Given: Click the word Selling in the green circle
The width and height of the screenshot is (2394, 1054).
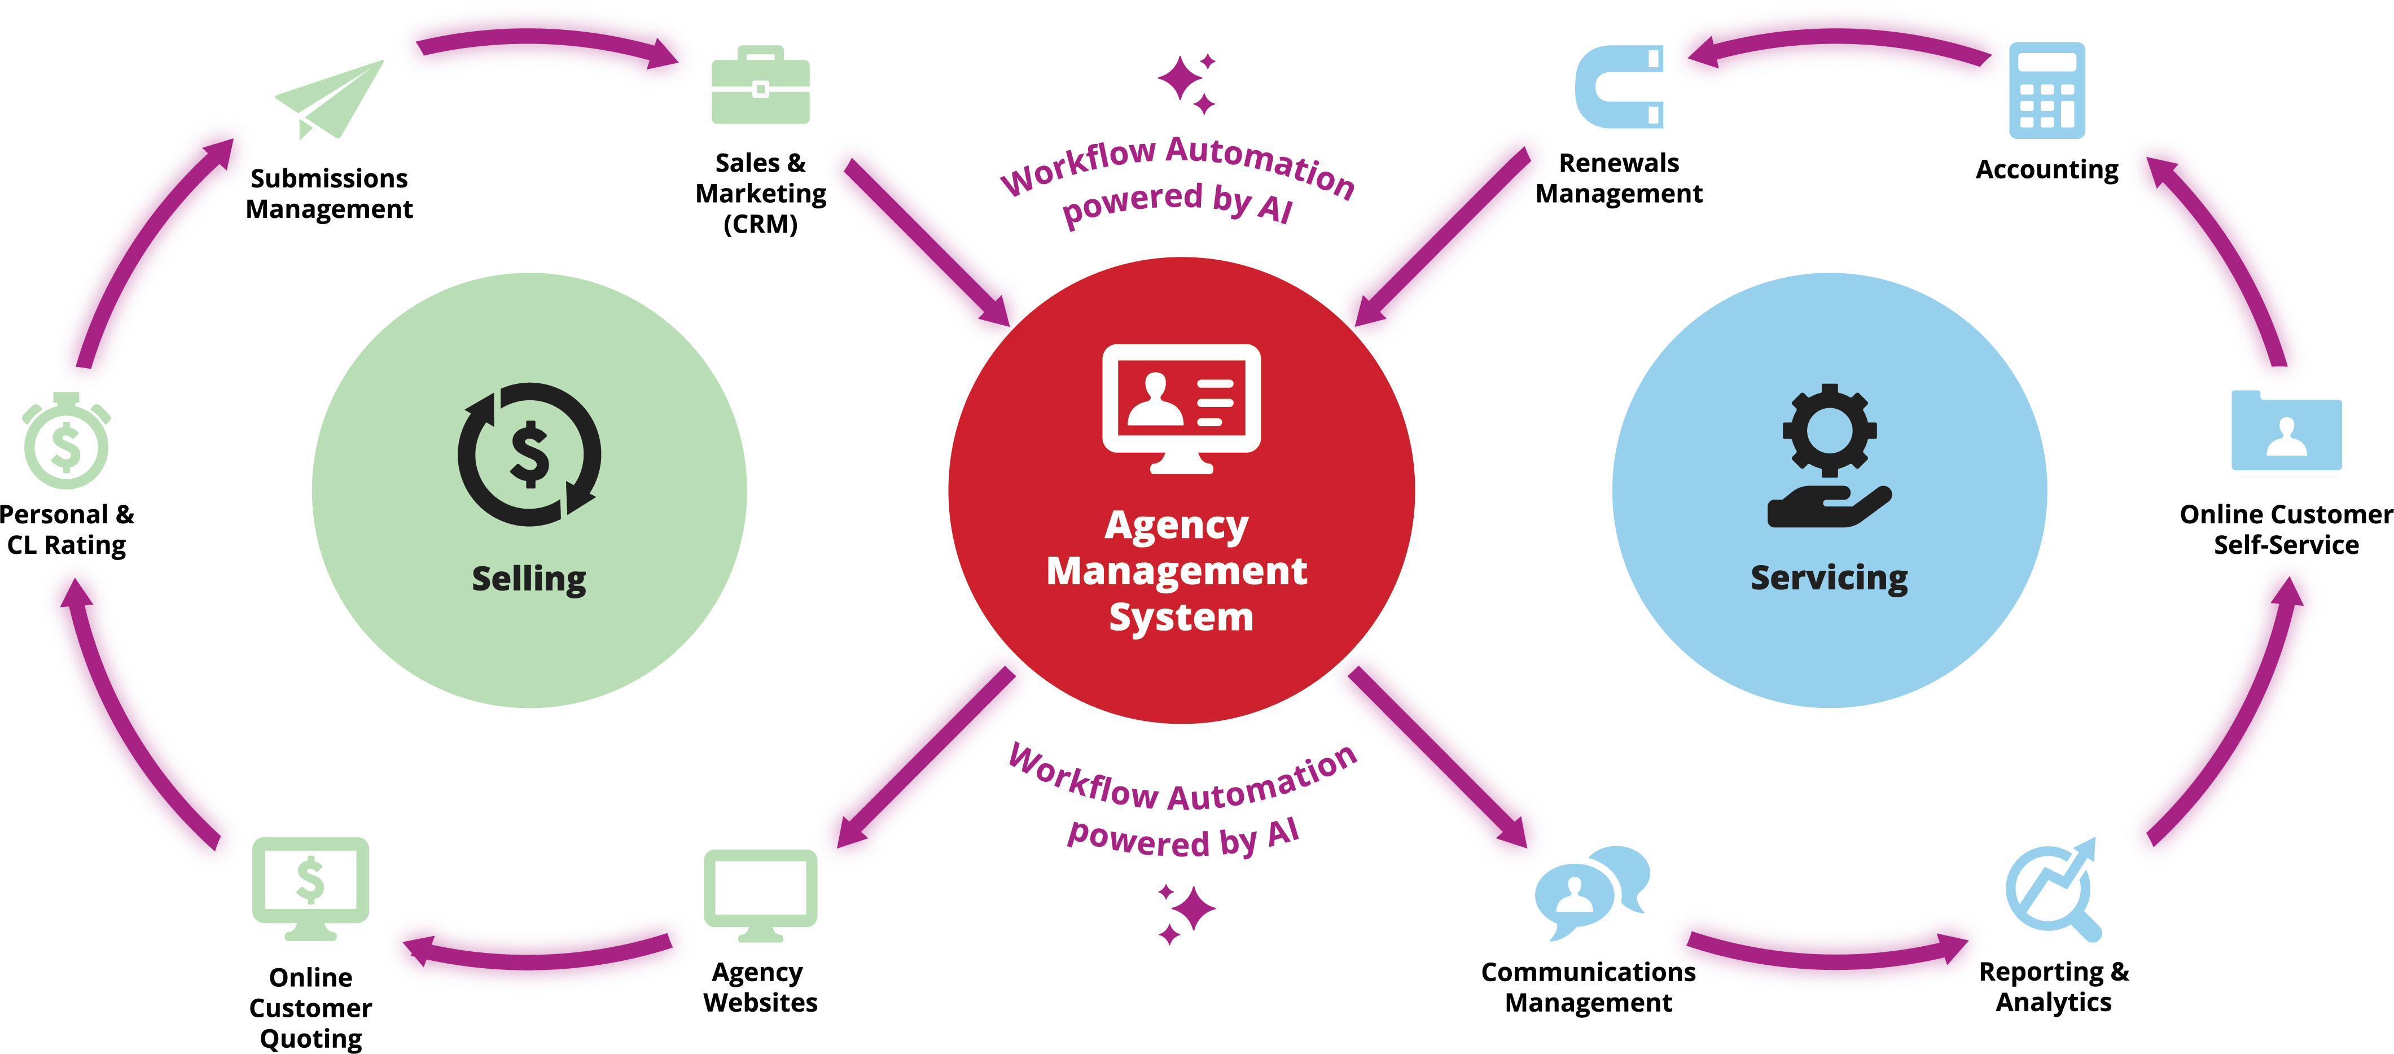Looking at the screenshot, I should coord(529,579).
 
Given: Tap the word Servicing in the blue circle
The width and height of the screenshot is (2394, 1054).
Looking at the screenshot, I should coord(1828,578).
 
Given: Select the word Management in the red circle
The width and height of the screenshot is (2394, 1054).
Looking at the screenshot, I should coord(1177,571).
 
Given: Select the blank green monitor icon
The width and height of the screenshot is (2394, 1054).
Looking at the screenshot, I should coord(760,893).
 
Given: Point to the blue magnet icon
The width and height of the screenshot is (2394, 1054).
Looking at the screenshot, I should coord(1620,88).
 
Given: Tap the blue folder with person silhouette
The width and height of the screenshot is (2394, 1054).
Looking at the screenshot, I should coord(2286,431).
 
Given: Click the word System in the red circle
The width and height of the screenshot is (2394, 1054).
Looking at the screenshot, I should coord(1181,617).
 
